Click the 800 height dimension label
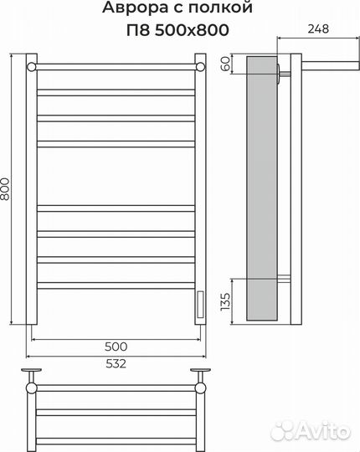click(x=5, y=189)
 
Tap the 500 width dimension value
click(x=116, y=347)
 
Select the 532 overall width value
click(x=116, y=364)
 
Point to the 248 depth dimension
click(x=318, y=28)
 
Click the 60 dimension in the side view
click(x=226, y=64)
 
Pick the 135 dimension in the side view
click(x=226, y=301)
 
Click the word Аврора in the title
click(x=135, y=8)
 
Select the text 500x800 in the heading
click(x=192, y=29)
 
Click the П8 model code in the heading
click(x=138, y=29)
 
